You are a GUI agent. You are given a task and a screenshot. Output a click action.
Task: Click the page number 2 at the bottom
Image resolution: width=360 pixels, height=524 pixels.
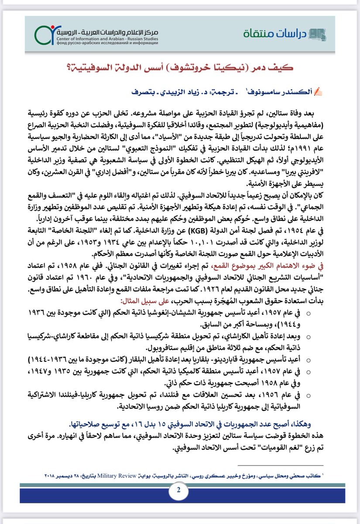tap(179, 490)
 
